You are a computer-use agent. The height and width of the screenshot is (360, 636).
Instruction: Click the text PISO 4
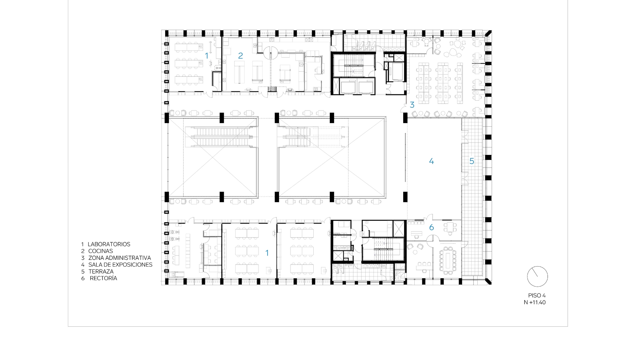click(537, 296)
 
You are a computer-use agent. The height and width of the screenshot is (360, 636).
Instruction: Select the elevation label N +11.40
click(535, 302)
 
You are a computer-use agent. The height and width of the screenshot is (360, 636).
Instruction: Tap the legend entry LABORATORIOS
click(109, 244)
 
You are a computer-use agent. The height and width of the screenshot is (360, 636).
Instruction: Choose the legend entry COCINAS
click(101, 251)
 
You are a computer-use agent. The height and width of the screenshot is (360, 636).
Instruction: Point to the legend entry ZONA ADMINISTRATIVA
click(120, 258)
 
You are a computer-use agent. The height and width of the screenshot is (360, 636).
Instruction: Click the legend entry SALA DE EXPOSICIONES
click(120, 265)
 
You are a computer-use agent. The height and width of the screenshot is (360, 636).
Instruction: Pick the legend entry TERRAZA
click(101, 272)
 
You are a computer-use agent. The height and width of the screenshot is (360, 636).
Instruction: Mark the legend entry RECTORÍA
click(103, 278)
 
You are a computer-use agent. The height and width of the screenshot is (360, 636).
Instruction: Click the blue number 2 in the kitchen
click(240, 55)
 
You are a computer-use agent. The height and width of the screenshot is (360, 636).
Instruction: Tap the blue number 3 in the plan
click(412, 105)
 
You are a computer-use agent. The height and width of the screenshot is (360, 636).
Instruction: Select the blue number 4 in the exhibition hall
click(431, 161)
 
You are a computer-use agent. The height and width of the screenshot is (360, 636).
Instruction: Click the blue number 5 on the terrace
click(472, 161)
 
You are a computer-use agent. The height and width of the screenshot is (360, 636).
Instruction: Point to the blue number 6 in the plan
click(432, 227)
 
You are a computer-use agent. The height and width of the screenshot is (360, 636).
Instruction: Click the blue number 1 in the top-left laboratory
click(207, 55)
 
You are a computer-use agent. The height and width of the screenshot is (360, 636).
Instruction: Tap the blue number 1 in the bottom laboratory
click(267, 253)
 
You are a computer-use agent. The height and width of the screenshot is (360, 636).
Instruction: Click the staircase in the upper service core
click(353, 65)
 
